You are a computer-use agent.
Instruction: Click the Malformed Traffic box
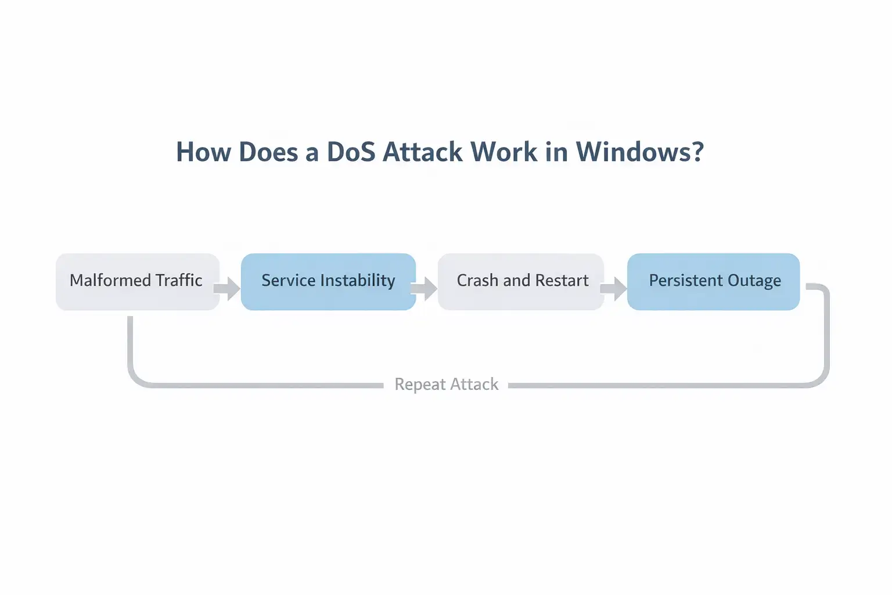click(x=138, y=282)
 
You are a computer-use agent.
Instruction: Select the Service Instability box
click(x=328, y=282)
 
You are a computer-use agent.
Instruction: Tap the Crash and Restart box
click(x=521, y=282)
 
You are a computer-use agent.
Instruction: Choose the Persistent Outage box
click(x=714, y=282)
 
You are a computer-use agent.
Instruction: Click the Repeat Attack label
click(x=446, y=385)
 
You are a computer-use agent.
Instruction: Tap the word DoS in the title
click(x=350, y=152)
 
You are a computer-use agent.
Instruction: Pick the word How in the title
click(x=203, y=152)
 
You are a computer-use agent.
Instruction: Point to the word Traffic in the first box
click(x=179, y=281)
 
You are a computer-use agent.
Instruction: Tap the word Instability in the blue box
click(x=357, y=281)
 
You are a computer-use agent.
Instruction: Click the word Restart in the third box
click(x=562, y=281)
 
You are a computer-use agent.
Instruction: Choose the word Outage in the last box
click(x=754, y=281)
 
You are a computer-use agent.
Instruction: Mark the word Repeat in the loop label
click(x=420, y=385)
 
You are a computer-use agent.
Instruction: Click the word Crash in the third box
click(x=477, y=281)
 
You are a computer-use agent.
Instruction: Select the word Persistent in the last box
click(x=685, y=281)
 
